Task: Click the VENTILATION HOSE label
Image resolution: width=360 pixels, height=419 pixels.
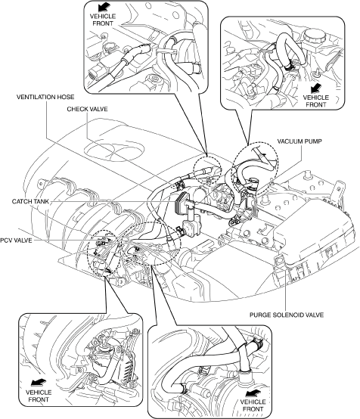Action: click(45, 97)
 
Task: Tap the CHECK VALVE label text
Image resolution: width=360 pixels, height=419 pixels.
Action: click(87, 109)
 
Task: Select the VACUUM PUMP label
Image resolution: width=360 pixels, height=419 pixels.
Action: click(299, 141)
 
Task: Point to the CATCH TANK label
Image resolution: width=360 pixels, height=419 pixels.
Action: click(30, 201)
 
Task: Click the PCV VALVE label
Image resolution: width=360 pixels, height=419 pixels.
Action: click(16, 241)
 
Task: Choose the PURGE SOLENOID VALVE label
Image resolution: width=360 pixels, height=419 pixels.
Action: click(287, 315)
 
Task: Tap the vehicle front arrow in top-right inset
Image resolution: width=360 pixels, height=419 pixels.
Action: click(316, 88)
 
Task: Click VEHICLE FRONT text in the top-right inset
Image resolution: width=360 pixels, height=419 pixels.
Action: click(316, 101)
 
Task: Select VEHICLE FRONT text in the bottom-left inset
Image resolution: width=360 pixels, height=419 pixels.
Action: click(39, 396)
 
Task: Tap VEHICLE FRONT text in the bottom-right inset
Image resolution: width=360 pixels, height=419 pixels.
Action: click(253, 405)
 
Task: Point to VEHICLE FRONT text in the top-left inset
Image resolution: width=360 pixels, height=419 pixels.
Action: click(103, 20)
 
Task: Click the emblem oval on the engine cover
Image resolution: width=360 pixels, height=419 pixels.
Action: click(114, 151)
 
